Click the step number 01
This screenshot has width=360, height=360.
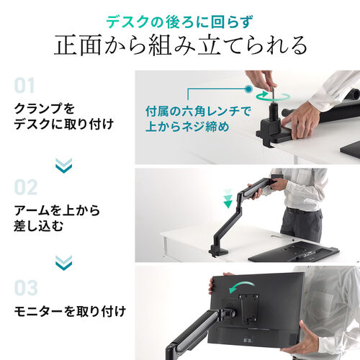point(24,86)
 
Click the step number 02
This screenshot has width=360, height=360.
point(26,187)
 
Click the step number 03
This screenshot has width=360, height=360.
point(26,287)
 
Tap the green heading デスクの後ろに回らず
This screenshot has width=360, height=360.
point(180,22)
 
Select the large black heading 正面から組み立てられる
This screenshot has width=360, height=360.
point(181,45)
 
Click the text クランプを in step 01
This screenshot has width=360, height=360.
point(45,108)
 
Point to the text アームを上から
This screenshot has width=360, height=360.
point(57,210)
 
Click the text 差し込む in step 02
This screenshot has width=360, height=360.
point(38,226)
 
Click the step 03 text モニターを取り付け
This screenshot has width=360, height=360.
point(70,311)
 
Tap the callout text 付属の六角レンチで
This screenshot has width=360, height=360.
point(198,112)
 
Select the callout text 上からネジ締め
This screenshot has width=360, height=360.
point(187,127)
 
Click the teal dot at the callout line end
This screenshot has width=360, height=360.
point(249,89)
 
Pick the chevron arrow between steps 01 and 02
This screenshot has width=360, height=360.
point(64,166)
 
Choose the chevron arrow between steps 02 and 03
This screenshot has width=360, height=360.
point(64,263)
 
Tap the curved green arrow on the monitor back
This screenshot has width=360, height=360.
point(241,287)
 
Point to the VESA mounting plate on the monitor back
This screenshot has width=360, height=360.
point(250,308)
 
